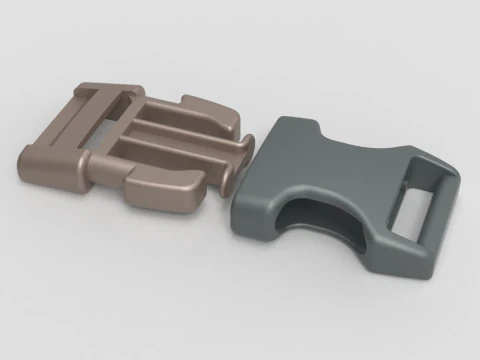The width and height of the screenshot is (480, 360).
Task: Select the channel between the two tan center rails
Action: click(x=180, y=140)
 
